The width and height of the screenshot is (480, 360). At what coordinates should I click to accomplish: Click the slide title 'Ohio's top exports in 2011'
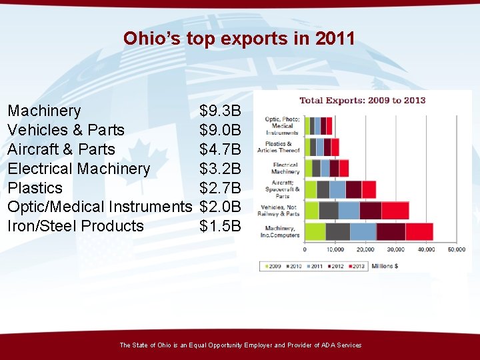pyautogui.click(x=239, y=39)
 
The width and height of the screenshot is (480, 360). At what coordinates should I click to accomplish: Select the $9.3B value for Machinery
pyautogui.click(x=220, y=111)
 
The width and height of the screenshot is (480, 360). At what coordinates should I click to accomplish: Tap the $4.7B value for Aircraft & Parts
pyautogui.click(x=220, y=149)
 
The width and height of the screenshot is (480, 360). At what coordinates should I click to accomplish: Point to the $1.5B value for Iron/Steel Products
pyautogui.click(x=220, y=227)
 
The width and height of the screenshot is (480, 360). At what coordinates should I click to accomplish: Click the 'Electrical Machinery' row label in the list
pyautogui.click(x=79, y=169)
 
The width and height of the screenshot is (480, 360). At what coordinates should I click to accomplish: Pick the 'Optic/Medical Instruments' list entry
pyautogui.click(x=99, y=207)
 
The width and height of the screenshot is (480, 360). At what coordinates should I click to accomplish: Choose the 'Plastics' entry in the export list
pyautogui.click(x=35, y=188)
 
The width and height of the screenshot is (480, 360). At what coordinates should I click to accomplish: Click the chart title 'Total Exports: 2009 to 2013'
pyautogui.click(x=362, y=101)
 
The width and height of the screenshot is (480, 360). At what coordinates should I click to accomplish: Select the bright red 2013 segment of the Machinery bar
pyautogui.click(x=419, y=231)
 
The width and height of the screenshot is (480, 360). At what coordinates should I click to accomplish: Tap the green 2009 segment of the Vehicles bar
pyautogui.click(x=311, y=211)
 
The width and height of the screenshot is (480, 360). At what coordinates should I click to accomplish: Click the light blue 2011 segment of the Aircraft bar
pyautogui.click(x=337, y=189)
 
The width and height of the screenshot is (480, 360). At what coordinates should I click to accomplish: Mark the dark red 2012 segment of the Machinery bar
pyautogui.click(x=391, y=231)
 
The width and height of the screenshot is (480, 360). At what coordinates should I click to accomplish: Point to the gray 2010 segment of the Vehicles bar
pyautogui.click(x=328, y=211)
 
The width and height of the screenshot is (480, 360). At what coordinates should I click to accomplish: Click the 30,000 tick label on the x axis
pyautogui.click(x=396, y=250)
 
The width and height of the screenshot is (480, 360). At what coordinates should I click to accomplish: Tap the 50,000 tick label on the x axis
pyautogui.click(x=456, y=250)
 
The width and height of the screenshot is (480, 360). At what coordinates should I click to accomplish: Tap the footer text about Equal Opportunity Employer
pyautogui.click(x=240, y=345)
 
